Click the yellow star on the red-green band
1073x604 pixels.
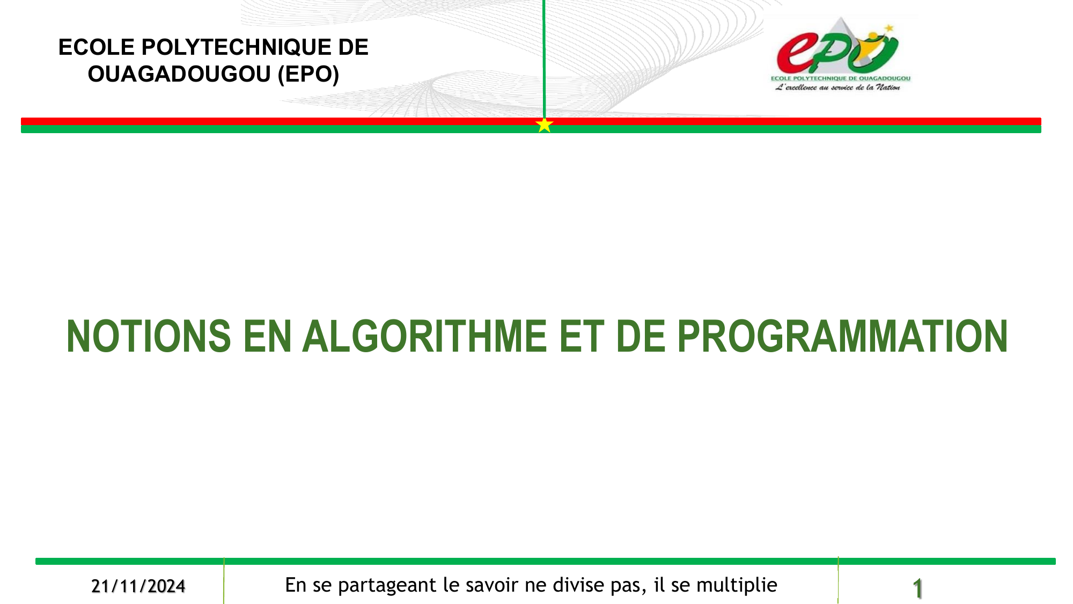tap(544, 125)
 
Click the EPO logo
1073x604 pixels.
tap(840, 54)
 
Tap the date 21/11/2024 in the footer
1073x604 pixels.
tap(138, 586)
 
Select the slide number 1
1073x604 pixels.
tap(918, 588)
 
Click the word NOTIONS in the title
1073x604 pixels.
tap(149, 337)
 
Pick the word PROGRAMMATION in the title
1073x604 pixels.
tap(843, 337)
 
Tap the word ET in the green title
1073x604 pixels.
tap(582, 337)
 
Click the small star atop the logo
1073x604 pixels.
tap(890, 27)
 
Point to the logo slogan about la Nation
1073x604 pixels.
tap(837, 88)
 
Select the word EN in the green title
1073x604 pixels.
tap(267, 337)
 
